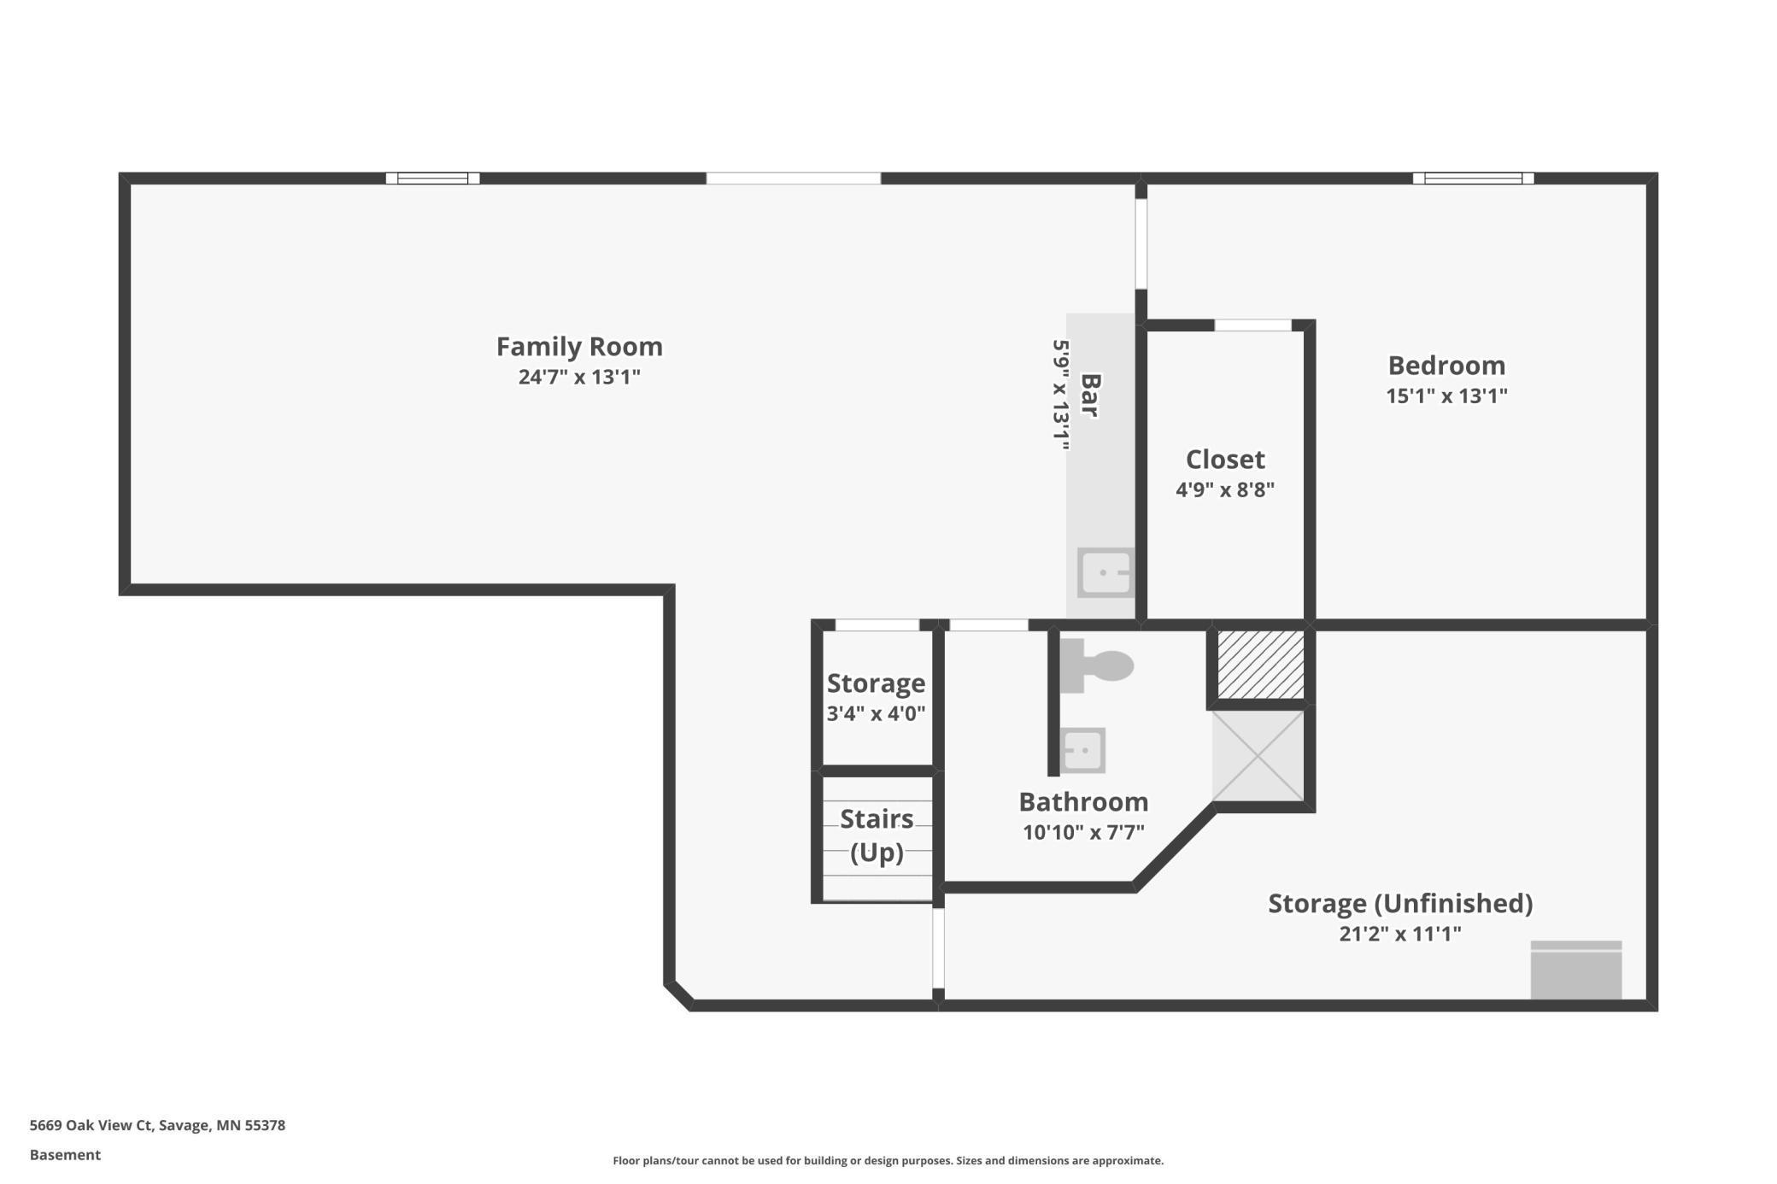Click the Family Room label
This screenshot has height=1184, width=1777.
tap(579, 347)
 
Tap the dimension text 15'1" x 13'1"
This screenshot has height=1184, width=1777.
tap(1446, 396)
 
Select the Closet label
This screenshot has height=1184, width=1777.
tap(1224, 460)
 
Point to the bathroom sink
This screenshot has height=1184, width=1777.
tap(1082, 751)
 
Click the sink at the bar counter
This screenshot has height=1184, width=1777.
tap(1105, 572)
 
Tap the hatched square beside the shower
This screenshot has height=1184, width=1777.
tap(1260, 665)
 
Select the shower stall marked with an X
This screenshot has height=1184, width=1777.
tap(1258, 756)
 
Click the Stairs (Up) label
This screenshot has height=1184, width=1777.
tap(877, 835)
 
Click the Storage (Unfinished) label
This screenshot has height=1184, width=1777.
tap(1399, 903)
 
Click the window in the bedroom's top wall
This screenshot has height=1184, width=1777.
tap(1473, 179)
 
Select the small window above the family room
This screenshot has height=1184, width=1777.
tap(432, 179)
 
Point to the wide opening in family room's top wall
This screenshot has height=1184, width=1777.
tap(793, 179)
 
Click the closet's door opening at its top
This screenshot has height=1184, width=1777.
tap(1252, 325)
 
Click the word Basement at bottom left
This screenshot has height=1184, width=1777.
tap(65, 1155)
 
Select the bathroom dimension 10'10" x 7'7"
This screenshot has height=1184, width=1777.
tap(1083, 832)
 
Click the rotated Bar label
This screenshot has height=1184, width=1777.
tap(1089, 395)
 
